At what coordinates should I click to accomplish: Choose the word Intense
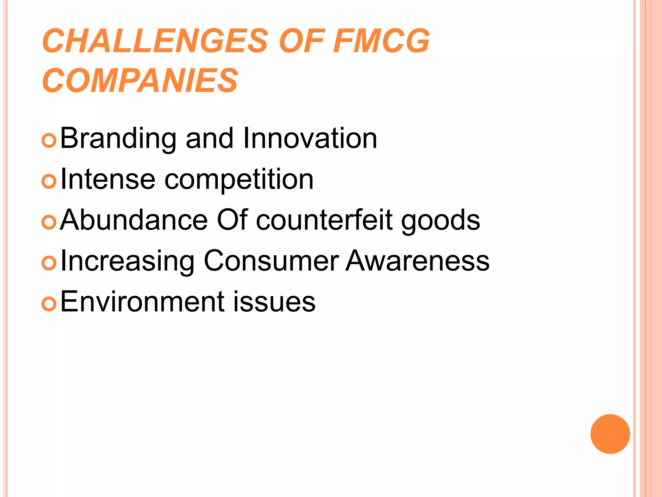[108, 179]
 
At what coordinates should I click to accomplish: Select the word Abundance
[134, 220]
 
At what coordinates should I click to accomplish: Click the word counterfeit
[325, 220]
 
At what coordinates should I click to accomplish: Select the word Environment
[142, 302]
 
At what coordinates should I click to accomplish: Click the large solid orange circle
[610, 434]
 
